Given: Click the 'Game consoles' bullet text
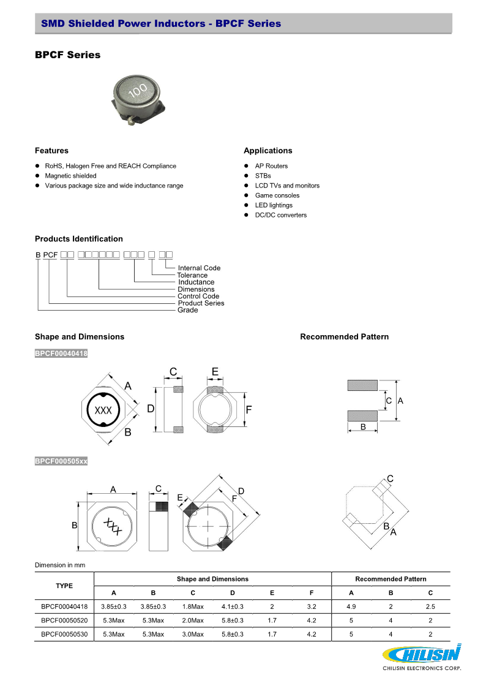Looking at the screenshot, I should (277, 195).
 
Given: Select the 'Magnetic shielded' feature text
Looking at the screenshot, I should (70, 176).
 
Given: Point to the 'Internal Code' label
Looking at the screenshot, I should (199, 268).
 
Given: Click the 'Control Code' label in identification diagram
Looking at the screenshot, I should (198, 296).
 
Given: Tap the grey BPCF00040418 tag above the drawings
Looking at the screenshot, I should (61, 353).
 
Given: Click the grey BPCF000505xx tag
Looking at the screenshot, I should (61, 461).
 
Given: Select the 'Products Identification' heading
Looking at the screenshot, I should (78, 239).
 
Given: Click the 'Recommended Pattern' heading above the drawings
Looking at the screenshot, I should (344, 336).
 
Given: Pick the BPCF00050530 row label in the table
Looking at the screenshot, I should (64, 634).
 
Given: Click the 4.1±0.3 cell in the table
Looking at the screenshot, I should (232, 607).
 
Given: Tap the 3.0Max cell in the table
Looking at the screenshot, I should (193, 634).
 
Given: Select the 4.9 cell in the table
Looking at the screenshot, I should (351, 607).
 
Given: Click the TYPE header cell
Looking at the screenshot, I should (64, 586).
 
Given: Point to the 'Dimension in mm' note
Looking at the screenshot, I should (60, 564).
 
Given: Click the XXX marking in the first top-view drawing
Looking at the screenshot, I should (103, 410).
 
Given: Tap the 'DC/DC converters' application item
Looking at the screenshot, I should (281, 215).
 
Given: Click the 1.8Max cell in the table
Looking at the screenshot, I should (193, 607).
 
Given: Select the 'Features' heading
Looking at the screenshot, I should (51, 151).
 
